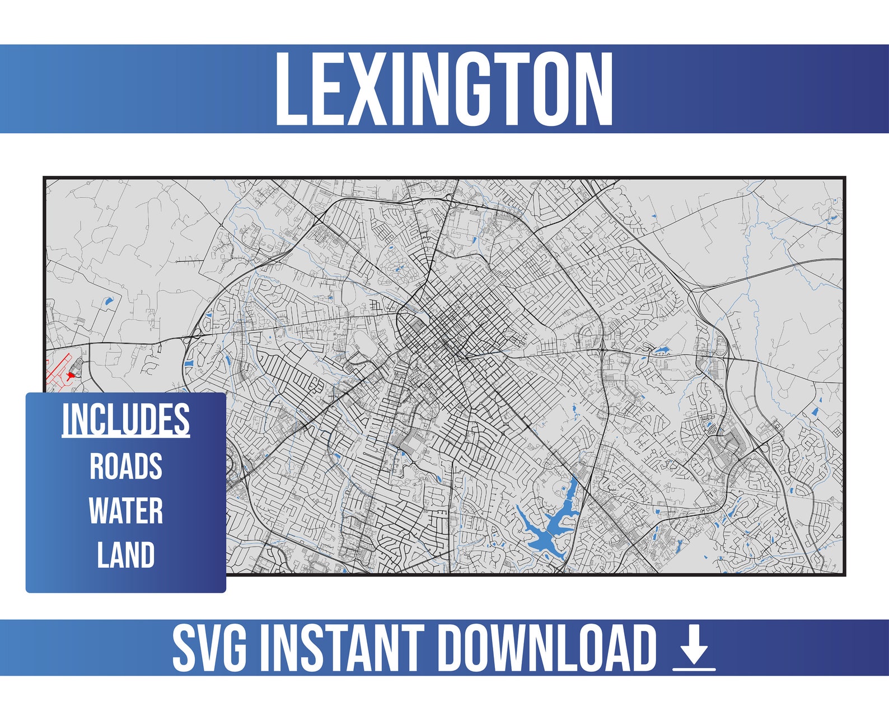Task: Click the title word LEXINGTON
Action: coord(444,89)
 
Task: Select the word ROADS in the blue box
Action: coord(126,466)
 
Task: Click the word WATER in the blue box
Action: coord(126,511)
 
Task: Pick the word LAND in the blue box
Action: coord(126,555)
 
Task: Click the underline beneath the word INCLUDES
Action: coord(125,436)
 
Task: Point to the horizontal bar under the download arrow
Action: coord(694,668)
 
